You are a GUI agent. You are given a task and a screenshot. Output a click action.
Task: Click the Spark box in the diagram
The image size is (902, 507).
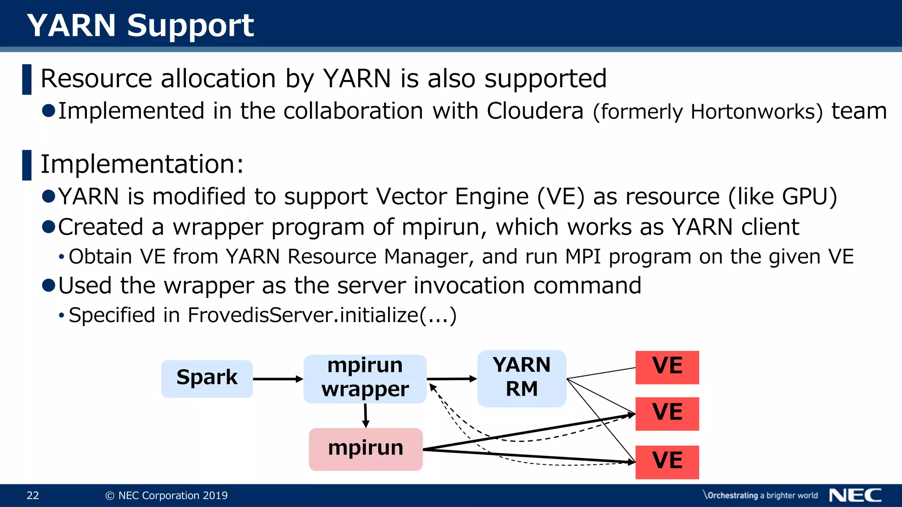point(207,378)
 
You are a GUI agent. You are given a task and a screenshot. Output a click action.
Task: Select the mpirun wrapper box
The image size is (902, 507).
point(365,378)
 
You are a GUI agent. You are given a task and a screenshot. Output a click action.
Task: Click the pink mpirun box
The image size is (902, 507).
point(366,449)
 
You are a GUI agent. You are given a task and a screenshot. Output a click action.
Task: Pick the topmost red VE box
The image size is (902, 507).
point(667,367)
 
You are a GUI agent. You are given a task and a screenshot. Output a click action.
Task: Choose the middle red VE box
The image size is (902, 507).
point(667,413)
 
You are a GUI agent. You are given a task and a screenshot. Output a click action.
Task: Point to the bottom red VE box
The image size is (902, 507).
point(667,462)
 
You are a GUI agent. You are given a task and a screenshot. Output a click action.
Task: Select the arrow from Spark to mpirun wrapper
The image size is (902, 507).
point(277,379)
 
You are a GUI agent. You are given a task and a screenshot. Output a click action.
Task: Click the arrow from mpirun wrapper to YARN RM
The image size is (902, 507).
point(451,378)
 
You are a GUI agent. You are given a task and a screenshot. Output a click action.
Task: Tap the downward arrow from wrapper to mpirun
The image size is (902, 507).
point(366,415)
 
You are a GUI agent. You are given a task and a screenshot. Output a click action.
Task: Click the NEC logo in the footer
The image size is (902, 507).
point(855,495)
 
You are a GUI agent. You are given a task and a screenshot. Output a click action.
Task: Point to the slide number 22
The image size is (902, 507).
point(33,496)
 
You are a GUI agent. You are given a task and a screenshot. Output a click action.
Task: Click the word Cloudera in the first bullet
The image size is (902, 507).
point(535,111)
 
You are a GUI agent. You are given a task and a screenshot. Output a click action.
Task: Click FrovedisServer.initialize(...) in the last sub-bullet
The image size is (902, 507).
point(322,315)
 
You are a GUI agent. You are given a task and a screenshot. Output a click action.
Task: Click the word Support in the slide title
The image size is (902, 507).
point(190,26)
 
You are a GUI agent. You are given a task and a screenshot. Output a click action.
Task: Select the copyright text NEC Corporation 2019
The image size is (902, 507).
point(173,496)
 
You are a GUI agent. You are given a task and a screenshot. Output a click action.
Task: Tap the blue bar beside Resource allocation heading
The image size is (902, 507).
point(27,79)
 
